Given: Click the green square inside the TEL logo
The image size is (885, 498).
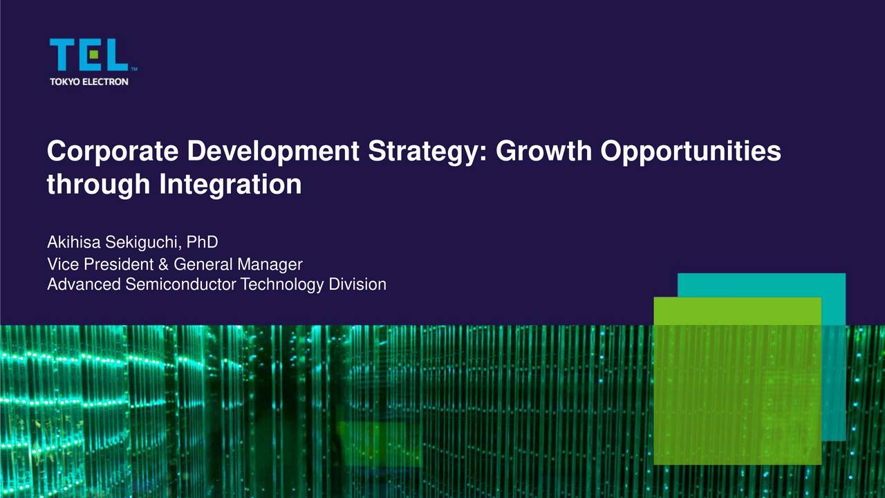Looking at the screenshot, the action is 93,55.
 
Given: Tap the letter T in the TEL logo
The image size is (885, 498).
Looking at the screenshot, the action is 62,55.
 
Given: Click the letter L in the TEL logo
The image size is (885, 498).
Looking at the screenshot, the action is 117,55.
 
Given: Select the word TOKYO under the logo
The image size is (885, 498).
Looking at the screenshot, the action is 65,82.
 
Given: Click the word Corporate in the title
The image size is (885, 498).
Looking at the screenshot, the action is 113,151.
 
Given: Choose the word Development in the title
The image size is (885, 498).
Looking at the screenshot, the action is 273,151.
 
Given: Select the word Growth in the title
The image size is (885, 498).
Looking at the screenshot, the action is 544,151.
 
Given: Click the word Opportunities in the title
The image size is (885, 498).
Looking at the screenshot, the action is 691,151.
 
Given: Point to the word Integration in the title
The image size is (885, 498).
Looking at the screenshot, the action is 230,185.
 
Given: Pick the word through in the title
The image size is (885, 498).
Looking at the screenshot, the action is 98,185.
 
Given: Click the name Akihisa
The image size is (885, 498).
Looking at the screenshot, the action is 74,242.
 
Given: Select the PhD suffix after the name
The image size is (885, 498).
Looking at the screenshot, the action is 202,242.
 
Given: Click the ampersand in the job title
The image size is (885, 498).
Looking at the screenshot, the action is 163,264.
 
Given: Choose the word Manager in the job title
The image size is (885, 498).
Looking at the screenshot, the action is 270,265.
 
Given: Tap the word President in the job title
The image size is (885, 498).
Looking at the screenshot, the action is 118,264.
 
